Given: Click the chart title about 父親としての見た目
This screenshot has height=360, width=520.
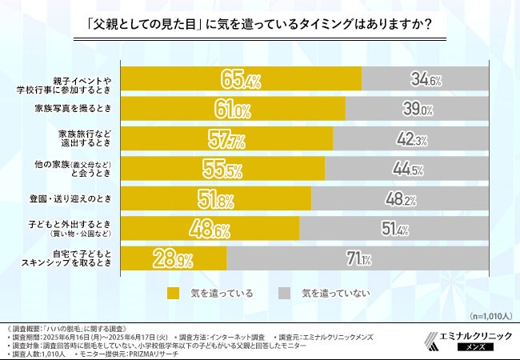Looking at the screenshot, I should [260, 24].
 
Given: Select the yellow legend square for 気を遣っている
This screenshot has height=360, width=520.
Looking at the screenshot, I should [173, 293].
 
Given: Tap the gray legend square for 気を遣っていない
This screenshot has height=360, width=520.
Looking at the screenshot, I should [284, 293].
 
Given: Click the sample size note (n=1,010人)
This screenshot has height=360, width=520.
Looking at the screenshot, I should [486, 314].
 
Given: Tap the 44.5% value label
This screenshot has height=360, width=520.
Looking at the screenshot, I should [409, 169].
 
